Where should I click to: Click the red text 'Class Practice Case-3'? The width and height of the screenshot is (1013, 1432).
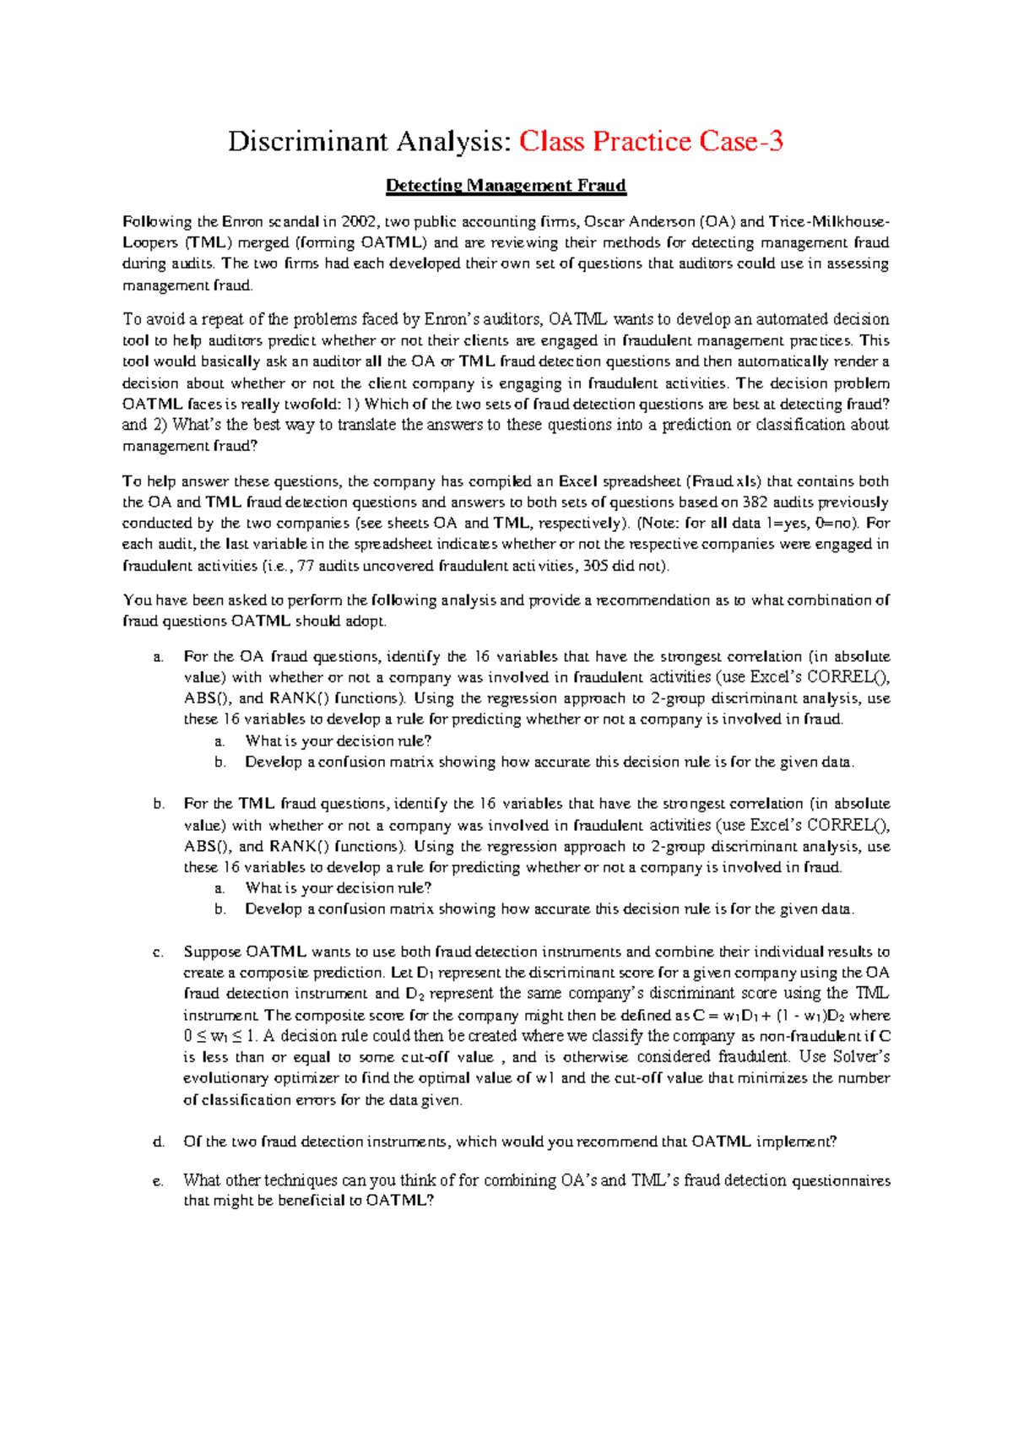[x=651, y=141]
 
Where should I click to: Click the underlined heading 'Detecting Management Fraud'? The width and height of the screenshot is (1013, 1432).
[x=506, y=185]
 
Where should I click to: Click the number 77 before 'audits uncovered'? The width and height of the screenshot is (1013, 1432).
[x=311, y=566]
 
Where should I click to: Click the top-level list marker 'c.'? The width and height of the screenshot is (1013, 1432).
[x=158, y=952]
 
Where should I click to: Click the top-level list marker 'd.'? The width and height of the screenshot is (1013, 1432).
[x=158, y=1142]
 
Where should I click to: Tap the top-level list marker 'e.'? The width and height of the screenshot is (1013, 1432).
[x=158, y=1181]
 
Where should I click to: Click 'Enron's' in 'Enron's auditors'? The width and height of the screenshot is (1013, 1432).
[x=452, y=319]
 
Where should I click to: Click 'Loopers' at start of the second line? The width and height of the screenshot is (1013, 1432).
[x=148, y=243]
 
